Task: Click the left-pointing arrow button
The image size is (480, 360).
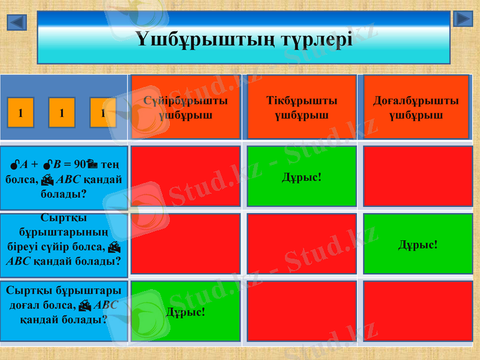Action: [17, 23]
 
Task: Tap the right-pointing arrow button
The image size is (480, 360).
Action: [463, 19]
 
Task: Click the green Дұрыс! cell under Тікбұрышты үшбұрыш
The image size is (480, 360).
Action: [301, 176]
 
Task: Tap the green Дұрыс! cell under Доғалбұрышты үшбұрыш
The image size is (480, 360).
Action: [418, 244]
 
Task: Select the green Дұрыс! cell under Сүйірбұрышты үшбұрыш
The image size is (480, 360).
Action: [185, 312]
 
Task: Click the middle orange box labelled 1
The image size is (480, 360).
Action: [62, 112]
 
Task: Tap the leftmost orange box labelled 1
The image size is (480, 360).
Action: [21, 112]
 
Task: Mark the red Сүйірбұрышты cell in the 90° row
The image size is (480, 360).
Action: [185, 176]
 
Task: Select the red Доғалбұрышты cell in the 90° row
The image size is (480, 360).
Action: [418, 176]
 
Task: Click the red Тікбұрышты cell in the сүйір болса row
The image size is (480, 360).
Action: [301, 244]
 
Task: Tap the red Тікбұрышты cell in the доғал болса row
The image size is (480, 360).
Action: [301, 312]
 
